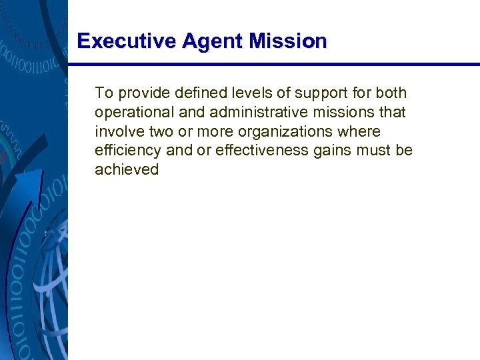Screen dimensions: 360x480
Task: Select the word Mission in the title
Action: coord(288,41)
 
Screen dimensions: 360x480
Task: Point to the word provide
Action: coord(139,93)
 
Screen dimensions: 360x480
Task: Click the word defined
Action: coord(190,93)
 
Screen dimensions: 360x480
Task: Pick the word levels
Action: coord(241,93)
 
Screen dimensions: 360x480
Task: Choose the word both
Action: coord(390,93)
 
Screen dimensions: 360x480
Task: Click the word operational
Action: coord(134,113)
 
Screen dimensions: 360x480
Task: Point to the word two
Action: coord(160,131)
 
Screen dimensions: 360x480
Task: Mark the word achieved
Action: coord(127,170)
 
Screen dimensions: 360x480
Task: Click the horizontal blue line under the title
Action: coord(273,65)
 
